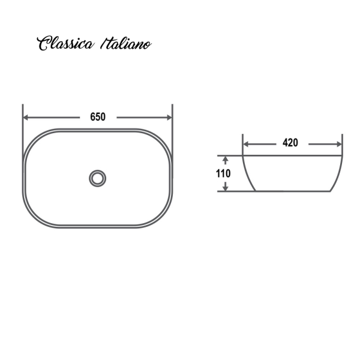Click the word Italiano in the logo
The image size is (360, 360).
click(127, 44)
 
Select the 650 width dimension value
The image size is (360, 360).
click(98, 117)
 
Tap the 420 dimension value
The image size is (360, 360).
click(290, 143)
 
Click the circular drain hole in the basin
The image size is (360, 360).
click(97, 178)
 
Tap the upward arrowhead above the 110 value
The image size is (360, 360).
click(226, 160)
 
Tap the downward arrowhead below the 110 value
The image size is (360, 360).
click(226, 188)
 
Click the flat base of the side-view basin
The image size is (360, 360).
click(293, 191)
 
